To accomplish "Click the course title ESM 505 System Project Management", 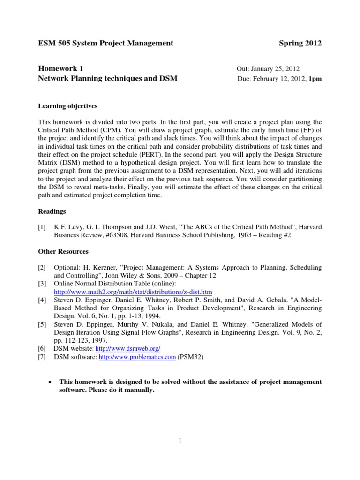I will (x=105, y=43).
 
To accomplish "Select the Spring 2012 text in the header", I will (x=300, y=43).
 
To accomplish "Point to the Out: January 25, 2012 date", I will (x=269, y=69).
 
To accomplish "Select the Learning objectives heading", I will (x=67, y=106).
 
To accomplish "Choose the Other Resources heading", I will (x=63, y=252).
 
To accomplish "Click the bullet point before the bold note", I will (x=50, y=382).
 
